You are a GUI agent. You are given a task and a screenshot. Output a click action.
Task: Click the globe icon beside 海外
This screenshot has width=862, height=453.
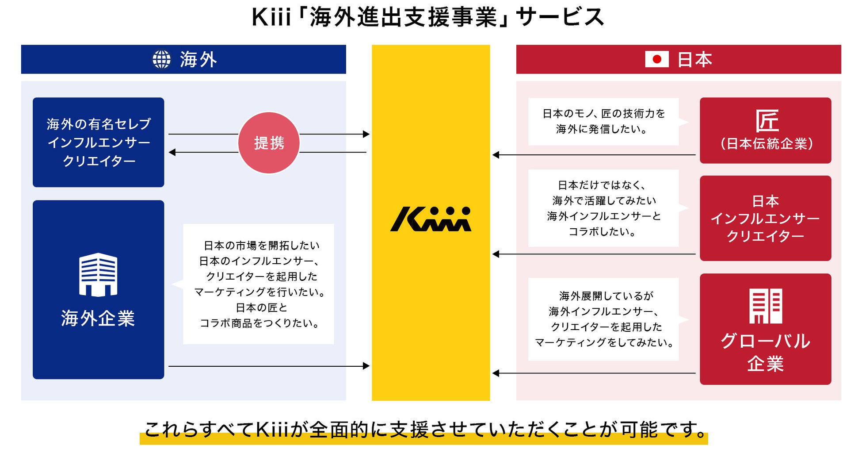point(161,59)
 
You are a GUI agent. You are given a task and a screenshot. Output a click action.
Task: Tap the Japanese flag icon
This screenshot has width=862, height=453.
point(656,59)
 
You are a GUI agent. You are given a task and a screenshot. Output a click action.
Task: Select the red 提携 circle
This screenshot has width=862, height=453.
point(269,143)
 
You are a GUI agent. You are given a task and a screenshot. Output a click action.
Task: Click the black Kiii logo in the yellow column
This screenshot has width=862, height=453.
point(431,219)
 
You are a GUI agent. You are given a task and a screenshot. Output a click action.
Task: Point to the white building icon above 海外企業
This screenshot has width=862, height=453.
point(98,274)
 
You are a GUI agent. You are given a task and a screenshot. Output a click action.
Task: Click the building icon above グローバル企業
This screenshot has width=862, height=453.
point(766,306)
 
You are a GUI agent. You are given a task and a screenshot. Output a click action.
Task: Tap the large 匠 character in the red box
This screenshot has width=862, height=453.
point(767,120)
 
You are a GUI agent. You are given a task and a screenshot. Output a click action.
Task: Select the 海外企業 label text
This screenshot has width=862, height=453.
point(98,318)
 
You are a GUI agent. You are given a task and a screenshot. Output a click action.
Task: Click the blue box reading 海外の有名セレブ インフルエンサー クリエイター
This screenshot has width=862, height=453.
point(98,142)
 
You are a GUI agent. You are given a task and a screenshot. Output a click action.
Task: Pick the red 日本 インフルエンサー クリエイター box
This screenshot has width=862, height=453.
point(765,218)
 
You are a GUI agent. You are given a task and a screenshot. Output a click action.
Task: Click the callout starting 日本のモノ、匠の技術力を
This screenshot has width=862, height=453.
point(603,121)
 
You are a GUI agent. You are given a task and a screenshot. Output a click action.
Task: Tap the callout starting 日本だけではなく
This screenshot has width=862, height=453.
point(603,208)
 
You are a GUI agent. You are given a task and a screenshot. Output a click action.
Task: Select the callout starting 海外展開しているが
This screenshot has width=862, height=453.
point(603,319)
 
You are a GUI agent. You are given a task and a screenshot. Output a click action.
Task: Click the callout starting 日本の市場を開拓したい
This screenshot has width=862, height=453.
point(259,284)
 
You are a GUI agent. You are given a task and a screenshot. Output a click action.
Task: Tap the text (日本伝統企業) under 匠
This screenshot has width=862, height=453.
point(767,144)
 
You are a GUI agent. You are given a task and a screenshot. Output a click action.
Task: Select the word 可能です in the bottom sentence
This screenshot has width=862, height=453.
point(663,429)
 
